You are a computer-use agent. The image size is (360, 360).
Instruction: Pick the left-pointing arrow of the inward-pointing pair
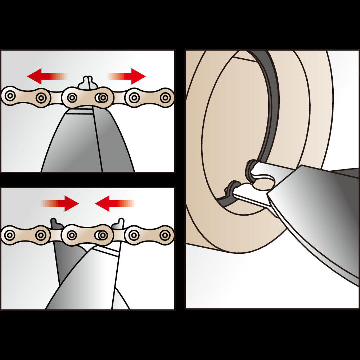click(107, 203)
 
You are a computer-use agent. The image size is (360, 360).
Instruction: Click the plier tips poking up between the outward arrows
click(87, 82)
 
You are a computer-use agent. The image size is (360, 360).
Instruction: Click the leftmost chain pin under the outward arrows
click(10, 96)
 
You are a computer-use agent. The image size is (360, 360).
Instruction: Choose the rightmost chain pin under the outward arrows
click(165, 97)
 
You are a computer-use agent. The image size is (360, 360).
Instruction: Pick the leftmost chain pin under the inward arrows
click(10, 235)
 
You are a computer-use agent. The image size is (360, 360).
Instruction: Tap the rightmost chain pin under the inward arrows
click(165, 235)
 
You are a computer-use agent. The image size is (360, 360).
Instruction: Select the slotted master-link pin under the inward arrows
click(102, 235)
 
